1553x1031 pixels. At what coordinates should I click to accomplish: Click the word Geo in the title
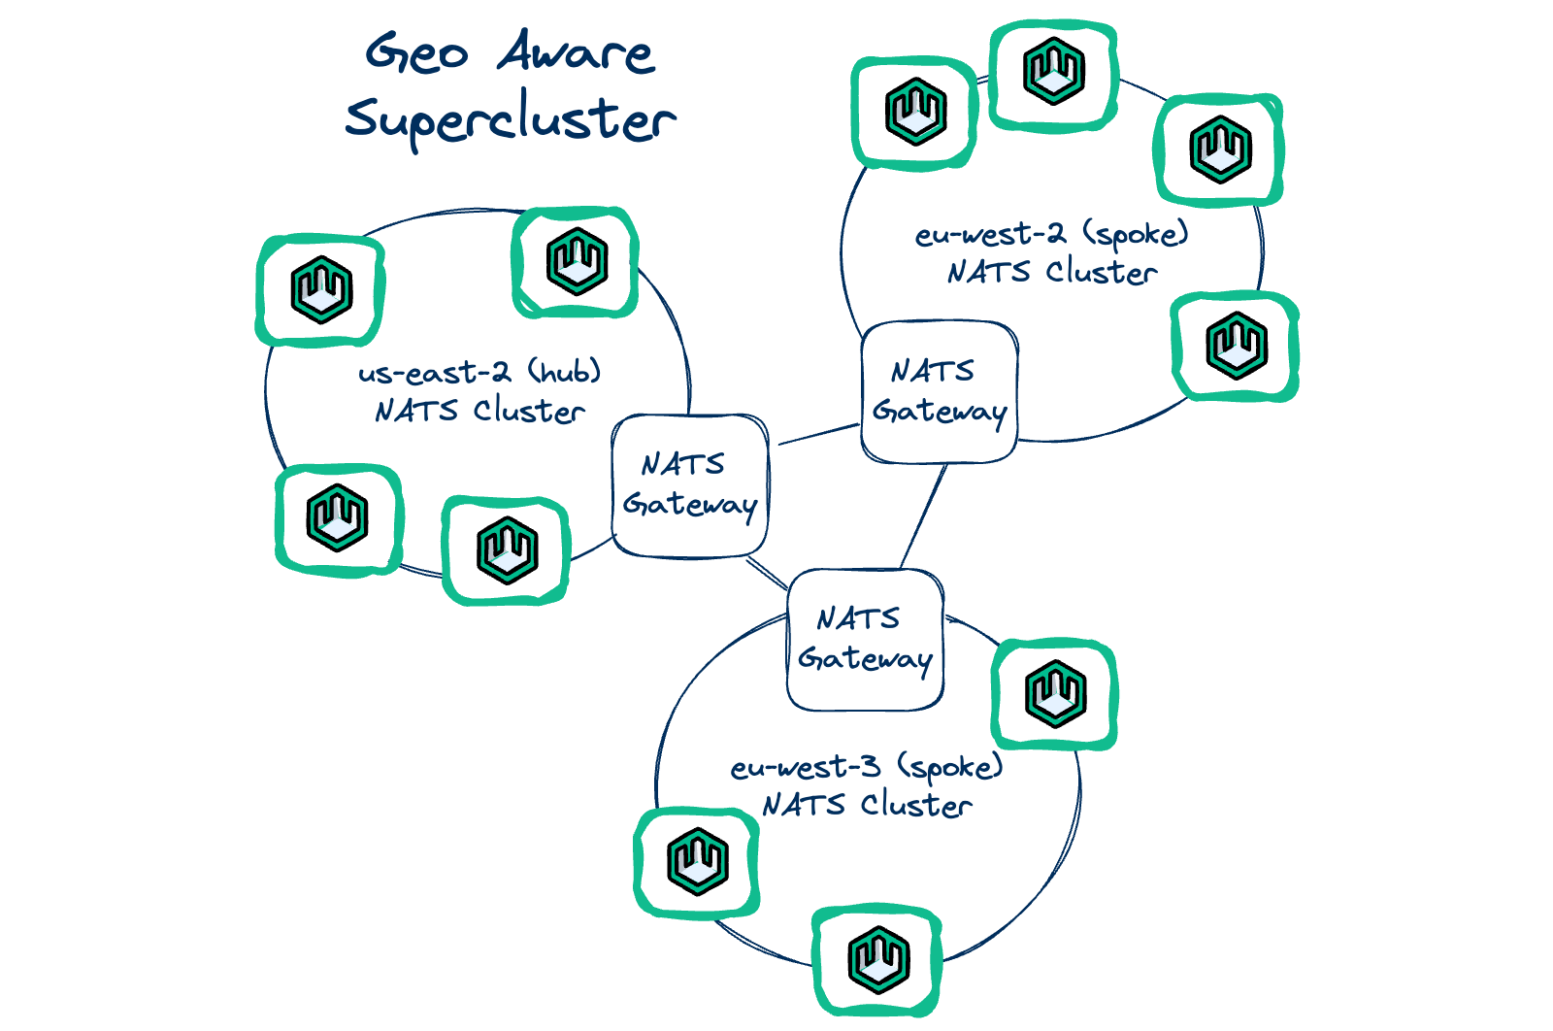pyautogui.click(x=417, y=53)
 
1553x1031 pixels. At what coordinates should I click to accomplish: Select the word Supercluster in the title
pyautogui.click(x=510, y=119)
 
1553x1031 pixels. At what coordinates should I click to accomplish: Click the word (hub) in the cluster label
pyautogui.click(x=565, y=371)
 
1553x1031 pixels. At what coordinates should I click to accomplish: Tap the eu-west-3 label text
pyautogui.click(x=806, y=768)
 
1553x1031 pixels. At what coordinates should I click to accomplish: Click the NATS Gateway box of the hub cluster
pyautogui.click(x=690, y=485)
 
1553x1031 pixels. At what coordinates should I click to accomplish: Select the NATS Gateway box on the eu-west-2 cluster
pyautogui.click(x=939, y=391)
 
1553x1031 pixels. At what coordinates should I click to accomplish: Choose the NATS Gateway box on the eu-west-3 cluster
pyautogui.click(x=864, y=640)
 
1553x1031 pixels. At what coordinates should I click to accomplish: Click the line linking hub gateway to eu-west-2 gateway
pyautogui.click(x=817, y=434)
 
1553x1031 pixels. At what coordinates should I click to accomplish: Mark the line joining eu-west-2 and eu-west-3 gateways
pyautogui.click(x=923, y=516)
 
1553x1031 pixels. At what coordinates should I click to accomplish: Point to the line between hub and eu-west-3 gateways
pyautogui.click(x=767, y=573)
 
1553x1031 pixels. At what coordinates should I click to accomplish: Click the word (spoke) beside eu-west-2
pyautogui.click(x=1136, y=235)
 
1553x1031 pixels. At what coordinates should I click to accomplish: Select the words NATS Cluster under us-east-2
pyautogui.click(x=479, y=412)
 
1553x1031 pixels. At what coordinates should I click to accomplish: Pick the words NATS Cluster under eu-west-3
pyautogui.click(x=867, y=806)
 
